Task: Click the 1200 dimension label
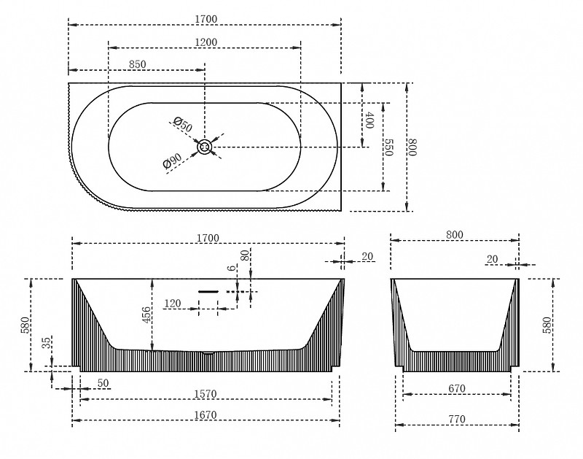click(x=206, y=42)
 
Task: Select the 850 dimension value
click(x=138, y=64)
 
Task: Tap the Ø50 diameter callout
click(x=183, y=124)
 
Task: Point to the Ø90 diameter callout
click(x=172, y=161)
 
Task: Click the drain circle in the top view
click(x=205, y=147)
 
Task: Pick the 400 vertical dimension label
click(x=369, y=120)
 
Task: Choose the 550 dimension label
click(x=388, y=148)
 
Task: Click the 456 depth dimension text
click(x=146, y=315)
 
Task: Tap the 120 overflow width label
click(x=173, y=304)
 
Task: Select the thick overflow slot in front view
click(x=208, y=291)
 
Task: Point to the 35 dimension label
click(x=47, y=343)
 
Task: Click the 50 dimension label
click(x=103, y=383)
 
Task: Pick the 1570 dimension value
click(x=206, y=394)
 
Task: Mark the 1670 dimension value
click(x=206, y=414)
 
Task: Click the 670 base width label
click(x=457, y=389)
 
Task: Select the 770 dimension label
click(x=457, y=420)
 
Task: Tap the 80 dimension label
click(x=245, y=255)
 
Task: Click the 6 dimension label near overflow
click(x=232, y=268)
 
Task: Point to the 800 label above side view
click(x=454, y=235)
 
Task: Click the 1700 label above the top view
click(x=206, y=19)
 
